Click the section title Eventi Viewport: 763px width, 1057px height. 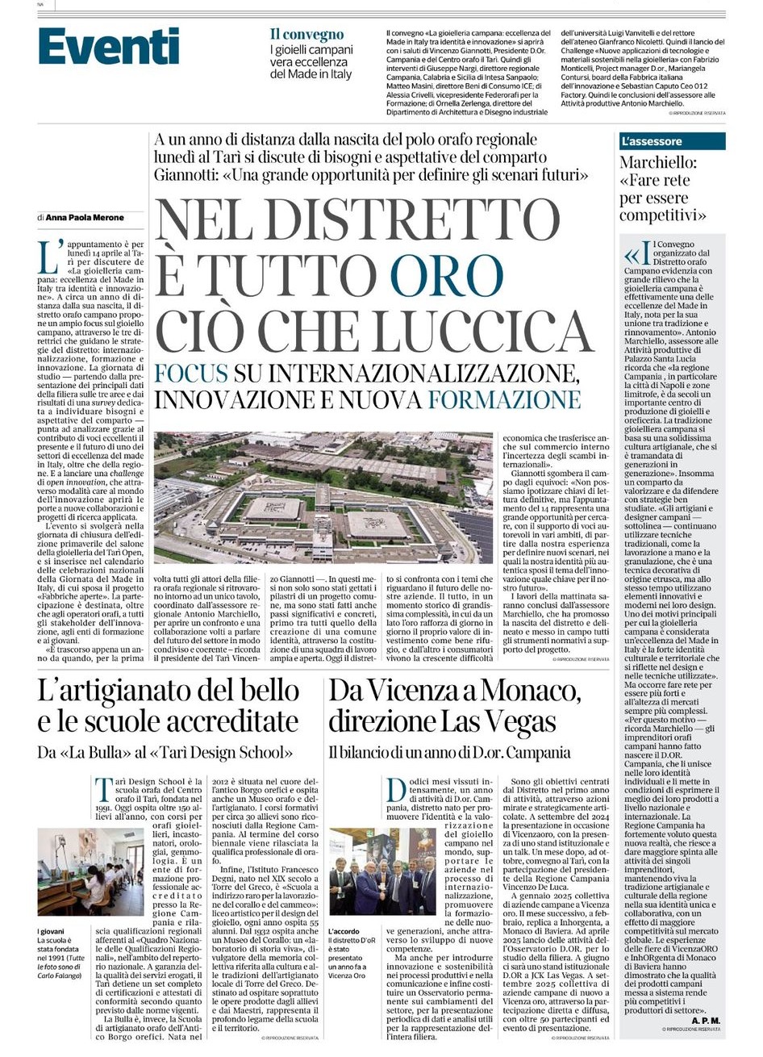click(109, 46)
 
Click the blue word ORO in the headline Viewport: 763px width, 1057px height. click(447, 273)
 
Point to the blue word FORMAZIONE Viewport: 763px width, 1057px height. click(504, 400)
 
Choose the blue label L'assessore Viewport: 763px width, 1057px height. click(652, 141)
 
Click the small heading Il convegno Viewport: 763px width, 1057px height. click(306, 35)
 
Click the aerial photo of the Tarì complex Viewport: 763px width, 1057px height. click(323, 497)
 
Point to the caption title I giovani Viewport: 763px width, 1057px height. click(51, 930)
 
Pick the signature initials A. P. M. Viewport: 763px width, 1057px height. click(705, 1020)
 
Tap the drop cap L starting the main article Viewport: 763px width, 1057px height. click(48, 257)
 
